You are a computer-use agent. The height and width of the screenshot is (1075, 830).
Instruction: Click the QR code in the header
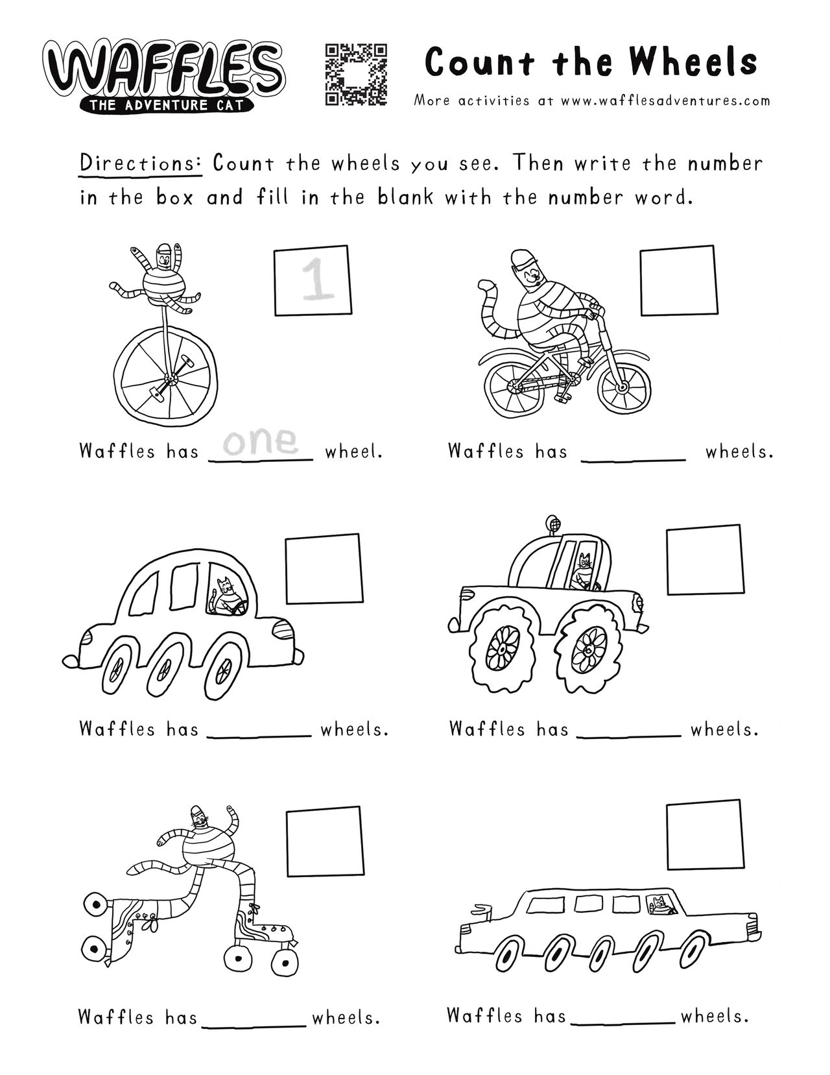355,75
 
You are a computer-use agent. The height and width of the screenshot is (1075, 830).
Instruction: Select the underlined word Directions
141,163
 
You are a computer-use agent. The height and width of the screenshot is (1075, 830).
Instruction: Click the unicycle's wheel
165,378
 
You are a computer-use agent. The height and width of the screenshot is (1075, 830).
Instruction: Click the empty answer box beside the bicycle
678,280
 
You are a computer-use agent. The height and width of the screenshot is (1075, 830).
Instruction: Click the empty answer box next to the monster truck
705,559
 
